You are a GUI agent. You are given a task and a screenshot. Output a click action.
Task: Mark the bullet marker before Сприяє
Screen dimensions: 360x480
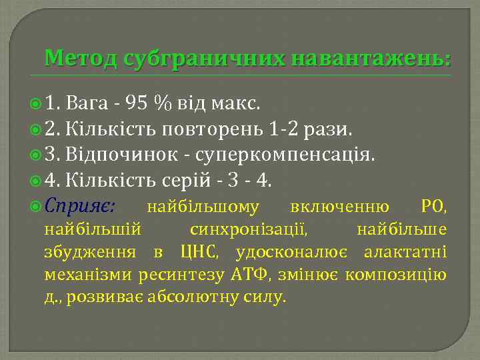point(53,207)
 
